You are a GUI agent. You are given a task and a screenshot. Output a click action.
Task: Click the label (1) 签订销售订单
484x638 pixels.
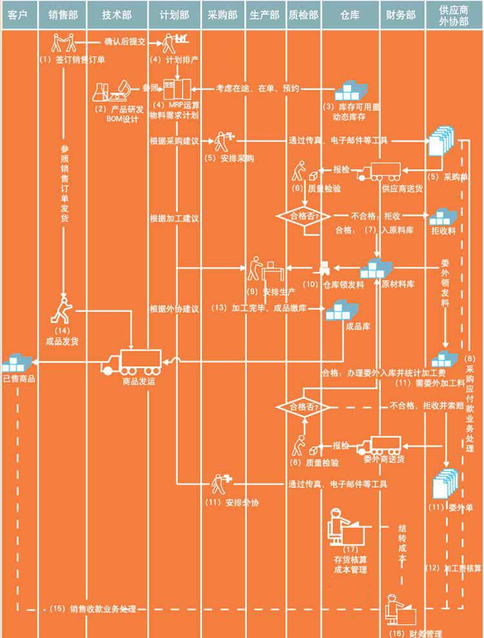click(72, 61)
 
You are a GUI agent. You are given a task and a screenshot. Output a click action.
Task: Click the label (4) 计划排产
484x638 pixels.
click(174, 61)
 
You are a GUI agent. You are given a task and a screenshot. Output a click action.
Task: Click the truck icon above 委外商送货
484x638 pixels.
click(381, 444)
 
